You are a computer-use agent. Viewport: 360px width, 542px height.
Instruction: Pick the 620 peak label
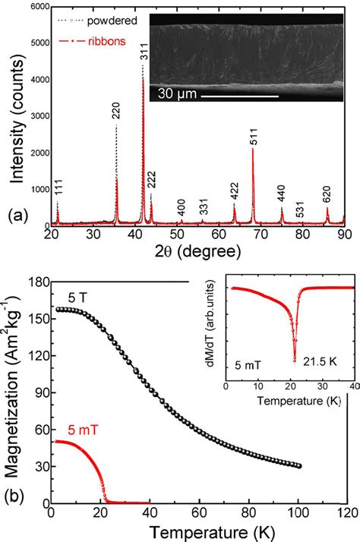click(x=327, y=193)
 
